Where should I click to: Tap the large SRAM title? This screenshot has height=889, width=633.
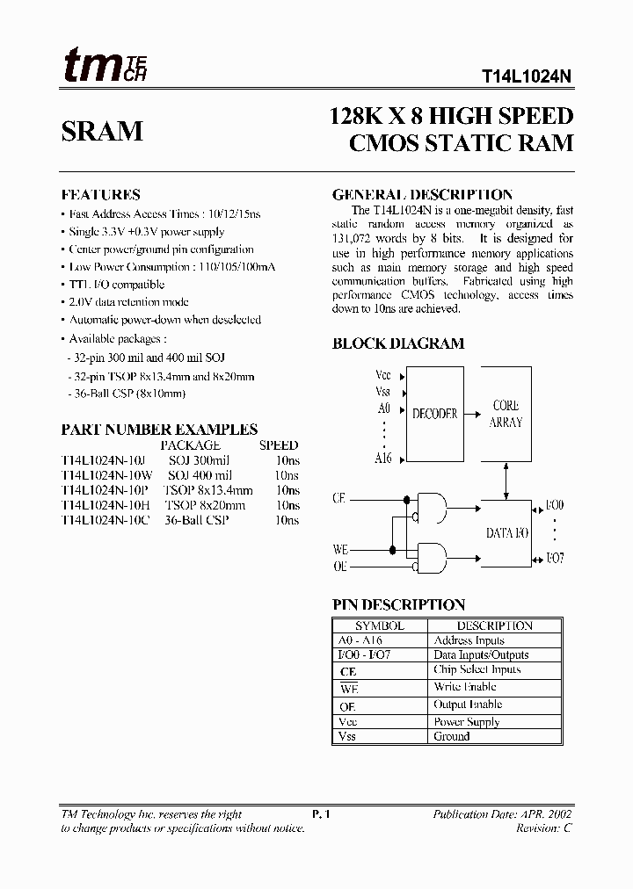tap(102, 131)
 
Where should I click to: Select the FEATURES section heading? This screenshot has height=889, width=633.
tap(100, 195)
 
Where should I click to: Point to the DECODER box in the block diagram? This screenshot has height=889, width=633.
tap(434, 414)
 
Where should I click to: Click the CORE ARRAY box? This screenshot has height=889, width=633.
tap(505, 414)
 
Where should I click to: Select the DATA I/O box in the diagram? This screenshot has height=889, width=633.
tap(506, 533)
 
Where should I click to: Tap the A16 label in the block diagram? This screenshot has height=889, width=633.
tap(384, 459)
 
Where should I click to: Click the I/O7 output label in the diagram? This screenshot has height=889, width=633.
tap(554, 559)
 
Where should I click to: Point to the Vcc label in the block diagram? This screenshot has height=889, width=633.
tap(383, 375)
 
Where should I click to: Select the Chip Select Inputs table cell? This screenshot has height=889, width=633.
tap(477, 670)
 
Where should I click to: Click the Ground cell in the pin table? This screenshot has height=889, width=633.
tap(452, 736)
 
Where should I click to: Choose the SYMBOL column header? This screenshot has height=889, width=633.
tap(379, 626)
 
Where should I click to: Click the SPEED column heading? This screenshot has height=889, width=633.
tap(279, 445)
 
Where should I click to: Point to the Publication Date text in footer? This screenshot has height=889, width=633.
tap(502, 814)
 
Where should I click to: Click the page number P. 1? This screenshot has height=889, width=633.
tap(321, 814)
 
